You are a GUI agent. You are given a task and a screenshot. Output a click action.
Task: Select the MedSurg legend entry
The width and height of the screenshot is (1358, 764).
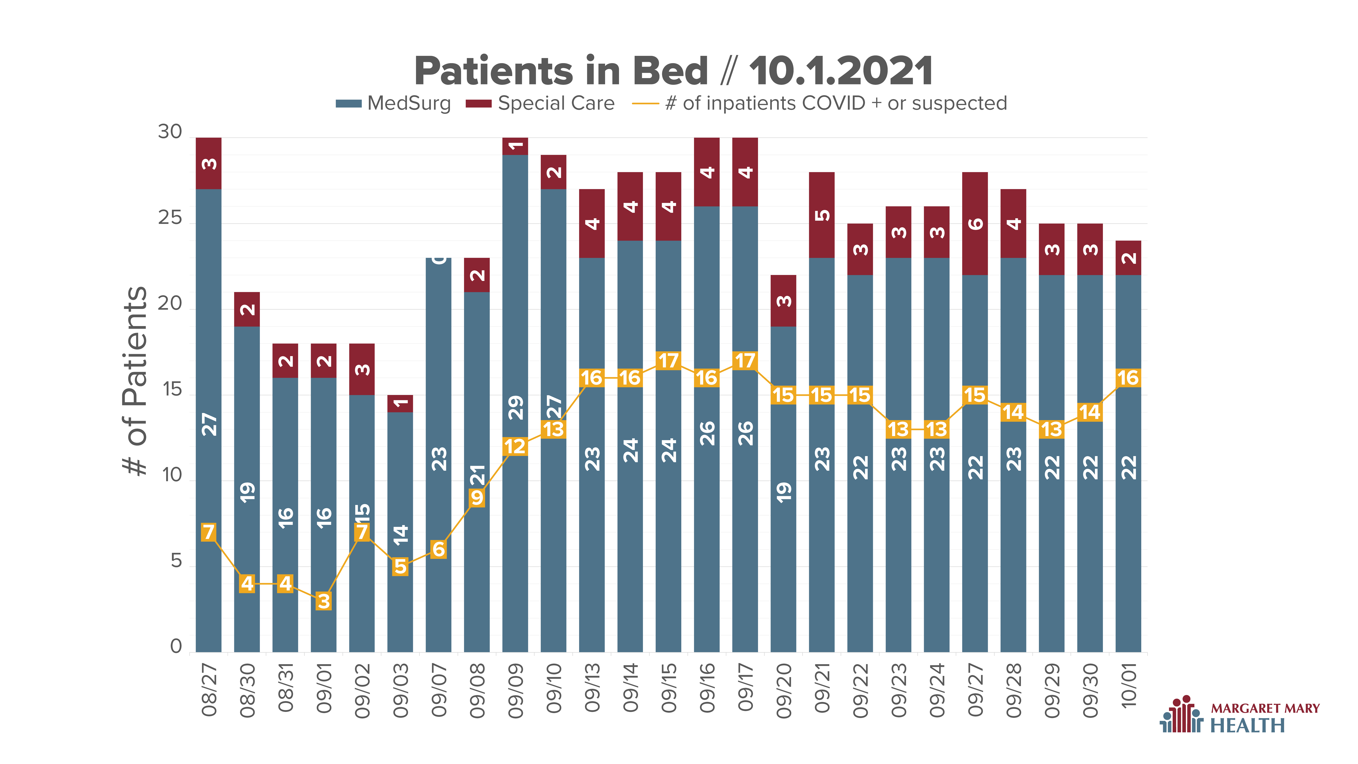[393, 103]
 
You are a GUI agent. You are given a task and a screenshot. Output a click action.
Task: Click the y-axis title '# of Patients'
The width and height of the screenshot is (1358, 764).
[135, 381]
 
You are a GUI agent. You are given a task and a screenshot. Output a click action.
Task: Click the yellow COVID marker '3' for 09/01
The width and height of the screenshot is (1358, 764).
[324, 601]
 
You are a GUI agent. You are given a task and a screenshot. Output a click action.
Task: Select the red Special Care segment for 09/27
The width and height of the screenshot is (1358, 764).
[975, 224]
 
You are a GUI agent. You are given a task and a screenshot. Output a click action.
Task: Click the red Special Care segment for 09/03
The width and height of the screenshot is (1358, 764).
[400, 403]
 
